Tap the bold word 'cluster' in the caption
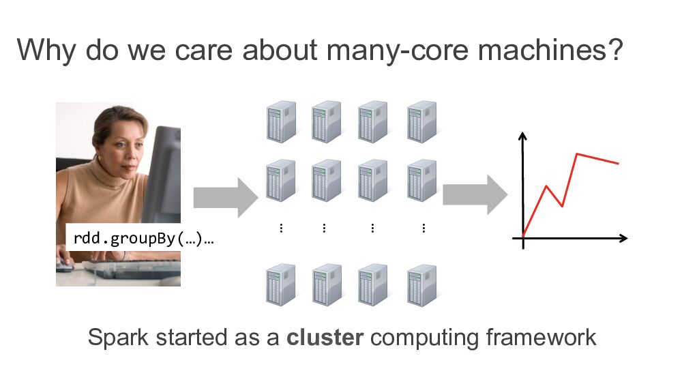pos(325,338)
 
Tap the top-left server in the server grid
pos(280,123)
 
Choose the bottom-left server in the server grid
pos(280,285)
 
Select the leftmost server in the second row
pos(280,180)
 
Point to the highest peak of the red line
pos(578,154)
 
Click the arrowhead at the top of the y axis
pos(522,135)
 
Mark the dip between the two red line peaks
pos(561,206)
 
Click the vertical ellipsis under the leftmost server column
pos(281,228)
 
